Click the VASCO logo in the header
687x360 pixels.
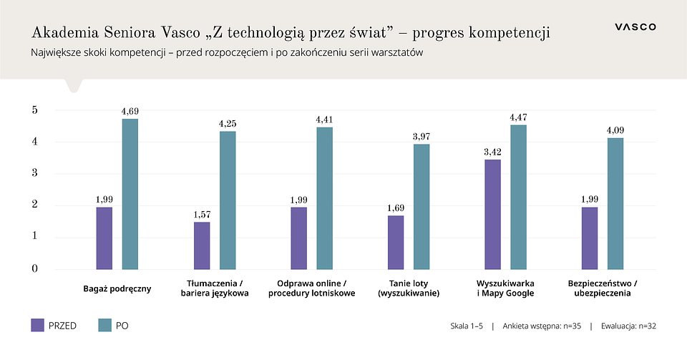tap(635, 26)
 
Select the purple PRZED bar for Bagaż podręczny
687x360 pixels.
tap(104, 238)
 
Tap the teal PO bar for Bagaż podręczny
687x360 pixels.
tap(130, 194)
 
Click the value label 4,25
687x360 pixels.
tap(228, 124)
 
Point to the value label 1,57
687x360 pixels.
tap(202, 214)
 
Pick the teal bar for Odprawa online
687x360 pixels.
tap(325, 198)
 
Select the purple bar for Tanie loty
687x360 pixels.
tap(396, 243)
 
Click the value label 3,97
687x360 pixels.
tap(422, 136)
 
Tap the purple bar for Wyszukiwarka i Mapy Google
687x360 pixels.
tap(493, 215)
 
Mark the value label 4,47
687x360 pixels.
tap(519, 117)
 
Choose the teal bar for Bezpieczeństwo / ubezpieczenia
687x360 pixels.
tap(615, 204)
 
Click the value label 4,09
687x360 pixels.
tap(616, 130)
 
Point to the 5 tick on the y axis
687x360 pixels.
tap(34, 110)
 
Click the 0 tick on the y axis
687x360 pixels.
tap(34, 269)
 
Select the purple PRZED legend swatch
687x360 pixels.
tap(37, 325)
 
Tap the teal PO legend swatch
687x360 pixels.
tap(104, 325)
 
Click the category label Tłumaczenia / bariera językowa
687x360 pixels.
tap(215, 288)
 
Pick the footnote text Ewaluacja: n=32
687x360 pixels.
tap(628, 326)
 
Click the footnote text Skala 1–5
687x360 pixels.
tap(467, 326)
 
